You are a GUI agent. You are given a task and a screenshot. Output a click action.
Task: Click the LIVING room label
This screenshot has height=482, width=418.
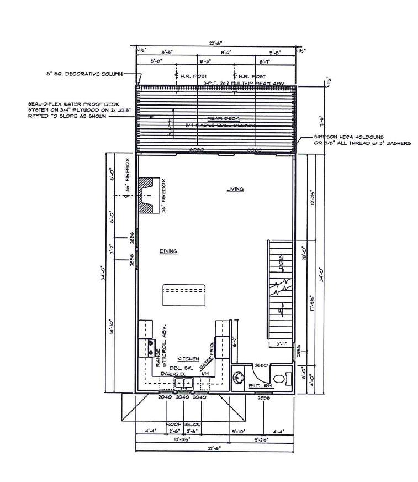pyautogui.click(x=235, y=189)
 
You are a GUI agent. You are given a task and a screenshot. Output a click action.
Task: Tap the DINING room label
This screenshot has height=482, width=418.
pyautogui.click(x=168, y=251)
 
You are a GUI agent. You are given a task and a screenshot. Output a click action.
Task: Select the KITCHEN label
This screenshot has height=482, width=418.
pyautogui.click(x=188, y=358)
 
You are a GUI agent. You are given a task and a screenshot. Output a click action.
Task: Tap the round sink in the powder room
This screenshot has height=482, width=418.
pyautogui.click(x=239, y=378)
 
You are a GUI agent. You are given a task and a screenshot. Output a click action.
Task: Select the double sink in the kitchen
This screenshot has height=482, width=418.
pyautogui.click(x=183, y=383)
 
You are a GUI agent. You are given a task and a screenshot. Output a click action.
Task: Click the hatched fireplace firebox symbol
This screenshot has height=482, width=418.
pyautogui.click(x=148, y=196)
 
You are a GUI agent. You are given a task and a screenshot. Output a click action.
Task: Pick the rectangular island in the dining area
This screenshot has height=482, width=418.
pyautogui.click(x=184, y=294)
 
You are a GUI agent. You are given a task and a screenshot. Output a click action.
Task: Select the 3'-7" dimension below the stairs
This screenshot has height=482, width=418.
pyautogui.click(x=281, y=344)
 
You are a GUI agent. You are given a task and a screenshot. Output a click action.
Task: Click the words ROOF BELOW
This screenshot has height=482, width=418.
pyautogui.click(x=184, y=424)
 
